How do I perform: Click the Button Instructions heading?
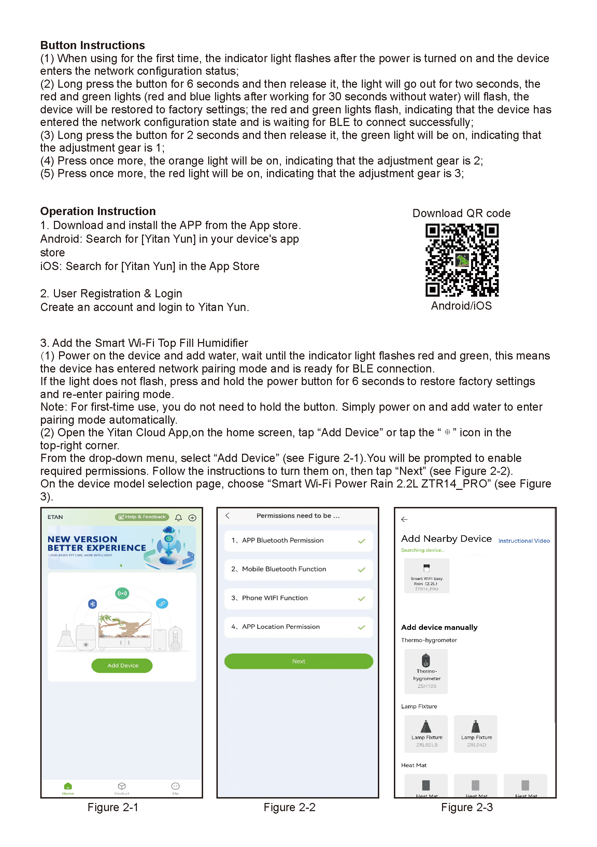click(93, 45)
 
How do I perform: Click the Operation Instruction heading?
click(98, 211)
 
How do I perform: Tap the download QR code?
click(462, 260)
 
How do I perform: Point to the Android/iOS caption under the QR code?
click(461, 306)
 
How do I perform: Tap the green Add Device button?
click(122, 665)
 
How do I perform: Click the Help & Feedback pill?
click(142, 517)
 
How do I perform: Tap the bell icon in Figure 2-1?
click(179, 518)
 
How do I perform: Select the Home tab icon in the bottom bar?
click(68, 786)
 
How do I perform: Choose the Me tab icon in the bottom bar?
click(175, 786)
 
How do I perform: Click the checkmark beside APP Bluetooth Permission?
click(361, 541)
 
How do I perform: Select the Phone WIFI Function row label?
click(275, 598)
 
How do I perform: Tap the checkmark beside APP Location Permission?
click(361, 627)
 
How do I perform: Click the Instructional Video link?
click(524, 541)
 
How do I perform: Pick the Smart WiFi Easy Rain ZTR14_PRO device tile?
click(427, 576)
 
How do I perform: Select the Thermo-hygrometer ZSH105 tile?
click(426, 671)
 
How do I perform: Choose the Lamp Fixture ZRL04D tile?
click(476, 734)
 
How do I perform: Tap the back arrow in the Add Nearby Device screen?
click(404, 519)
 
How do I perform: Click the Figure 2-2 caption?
click(289, 807)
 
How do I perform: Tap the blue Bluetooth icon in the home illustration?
click(93, 604)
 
